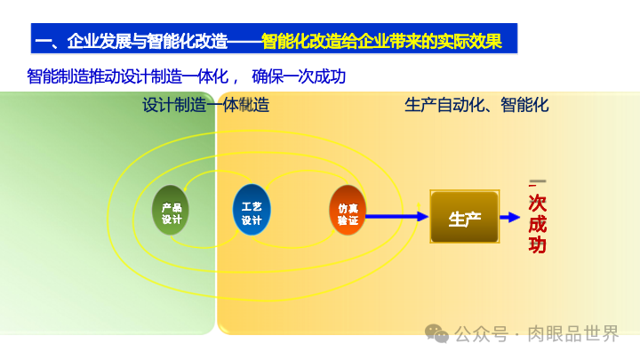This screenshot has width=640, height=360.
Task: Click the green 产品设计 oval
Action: tap(172, 211)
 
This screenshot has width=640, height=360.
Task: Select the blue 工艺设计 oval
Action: tap(252, 211)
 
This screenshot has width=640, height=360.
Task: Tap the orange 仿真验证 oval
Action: tap(348, 211)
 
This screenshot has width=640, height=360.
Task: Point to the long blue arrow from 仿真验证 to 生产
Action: tap(396, 216)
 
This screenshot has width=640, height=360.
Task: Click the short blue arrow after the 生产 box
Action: tap(509, 217)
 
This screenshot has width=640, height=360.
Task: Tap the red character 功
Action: tap(538, 245)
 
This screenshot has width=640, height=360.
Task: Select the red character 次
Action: tap(538, 203)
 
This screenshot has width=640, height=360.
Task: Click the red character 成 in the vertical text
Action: tap(538, 224)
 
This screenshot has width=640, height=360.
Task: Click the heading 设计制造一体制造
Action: tap(205, 105)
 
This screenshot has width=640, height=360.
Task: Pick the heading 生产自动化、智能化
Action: tap(476, 105)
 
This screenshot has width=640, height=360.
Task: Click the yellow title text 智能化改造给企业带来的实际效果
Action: tap(381, 41)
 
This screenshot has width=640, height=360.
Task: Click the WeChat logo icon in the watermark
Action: tap(436, 333)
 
